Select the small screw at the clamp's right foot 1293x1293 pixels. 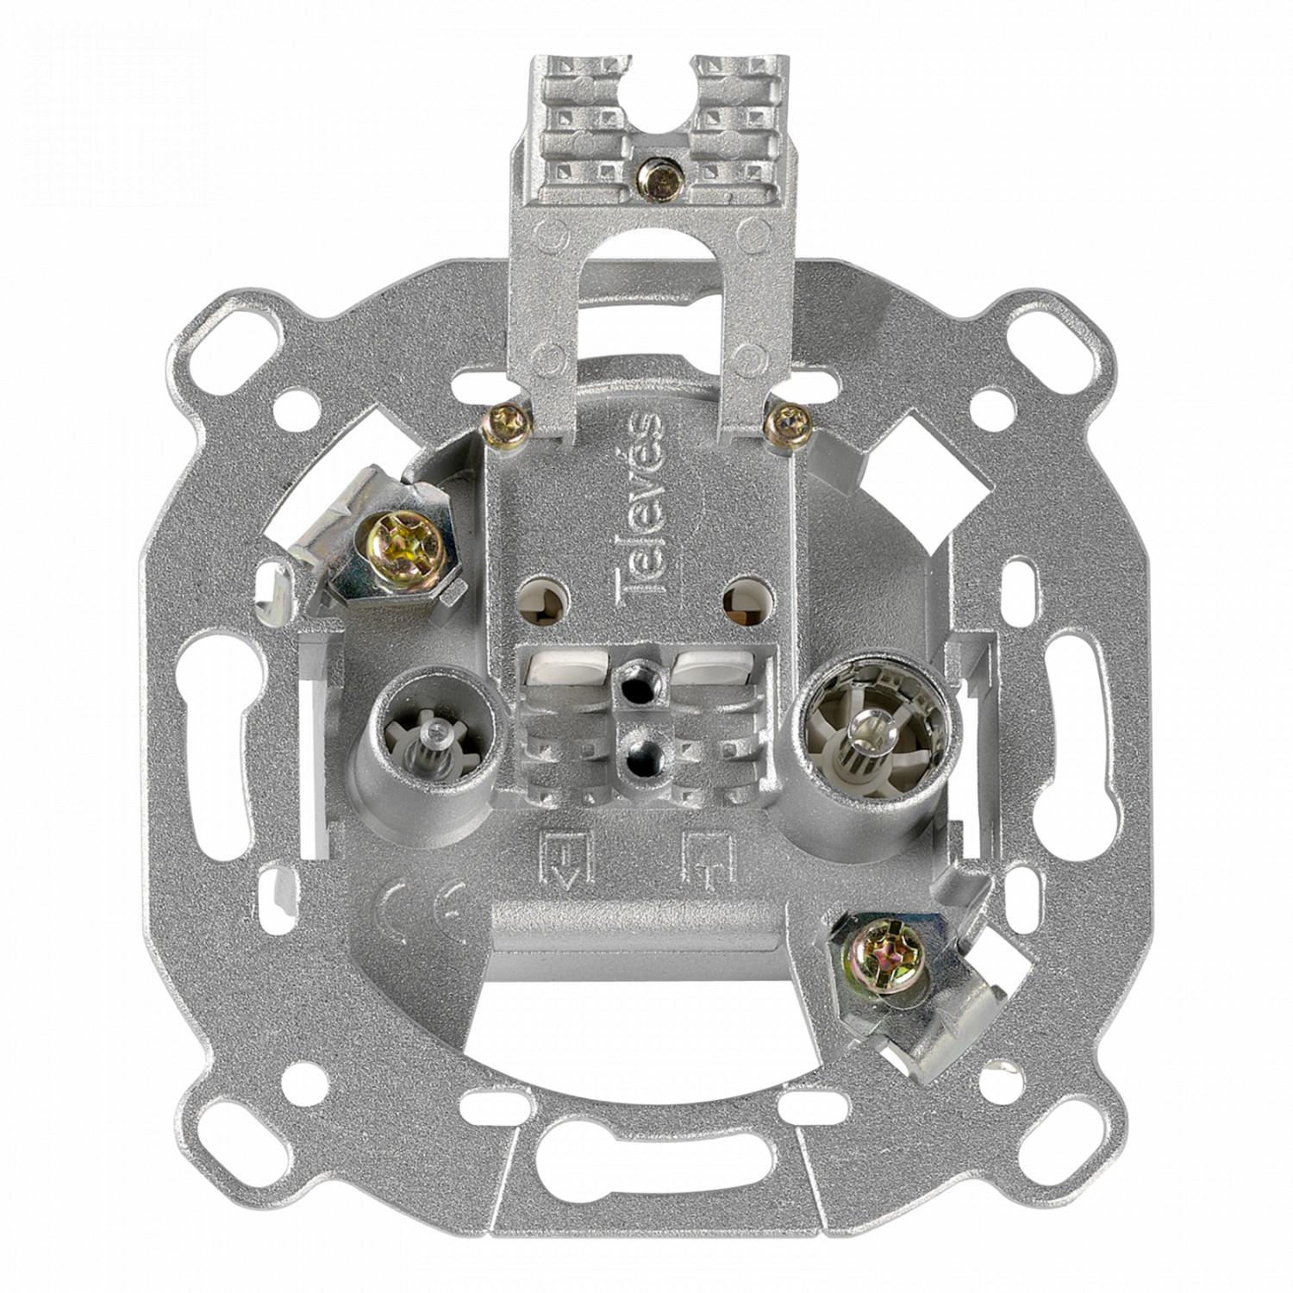(x=788, y=422)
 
